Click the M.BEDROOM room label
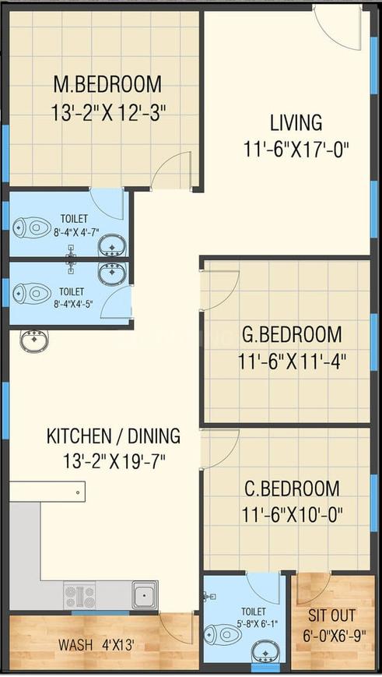[x=107, y=84]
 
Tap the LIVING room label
[x=296, y=122]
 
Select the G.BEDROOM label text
[x=292, y=335]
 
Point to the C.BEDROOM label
[x=292, y=488]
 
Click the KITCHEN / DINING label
[x=114, y=436]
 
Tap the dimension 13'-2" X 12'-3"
[x=109, y=114]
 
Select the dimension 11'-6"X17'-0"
[x=296, y=150]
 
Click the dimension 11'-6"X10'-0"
[x=292, y=515]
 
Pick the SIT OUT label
[x=331, y=615]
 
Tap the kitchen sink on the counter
[x=145, y=595]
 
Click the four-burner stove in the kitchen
[x=80, y=597]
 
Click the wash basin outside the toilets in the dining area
[x=34, y=340]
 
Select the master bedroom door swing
[x=171, y=171]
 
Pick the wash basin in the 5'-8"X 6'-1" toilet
[x=265, y=651]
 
